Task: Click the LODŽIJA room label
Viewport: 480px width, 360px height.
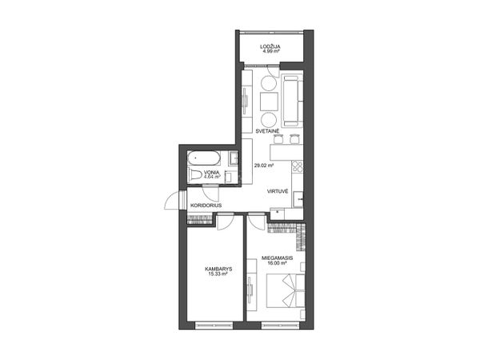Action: [x=270, y=47]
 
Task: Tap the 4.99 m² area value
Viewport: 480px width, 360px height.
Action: [x=270, y=51]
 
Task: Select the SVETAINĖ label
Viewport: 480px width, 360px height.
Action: [x=267, y=131]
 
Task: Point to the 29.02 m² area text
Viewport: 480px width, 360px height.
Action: [x=264, y=166]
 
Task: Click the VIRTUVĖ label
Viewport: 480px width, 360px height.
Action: [x=278, y=192]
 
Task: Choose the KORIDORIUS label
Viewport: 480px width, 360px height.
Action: [x=206, y=206]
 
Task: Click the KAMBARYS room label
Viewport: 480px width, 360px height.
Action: [x=218, y=270]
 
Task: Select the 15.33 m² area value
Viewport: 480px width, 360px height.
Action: [x=218, y=274]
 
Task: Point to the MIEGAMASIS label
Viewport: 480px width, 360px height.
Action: [x=278, y=258]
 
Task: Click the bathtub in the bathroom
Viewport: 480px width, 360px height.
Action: [x=204, y=158]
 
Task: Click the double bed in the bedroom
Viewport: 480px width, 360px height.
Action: [x=286, y=290]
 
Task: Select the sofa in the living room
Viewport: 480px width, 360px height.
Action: [x=292, y=101]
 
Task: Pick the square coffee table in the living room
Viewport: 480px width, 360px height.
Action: [x=269, y=102]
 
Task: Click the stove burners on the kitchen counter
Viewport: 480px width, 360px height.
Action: [x=298, y=166]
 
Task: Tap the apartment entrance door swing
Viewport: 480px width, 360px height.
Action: [x=172, y=201]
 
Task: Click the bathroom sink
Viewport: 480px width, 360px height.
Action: [x=234, y=158]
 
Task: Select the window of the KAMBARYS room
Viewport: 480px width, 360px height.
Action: [x=214, y=325]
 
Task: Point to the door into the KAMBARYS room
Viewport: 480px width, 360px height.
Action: [x=226, y=222]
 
